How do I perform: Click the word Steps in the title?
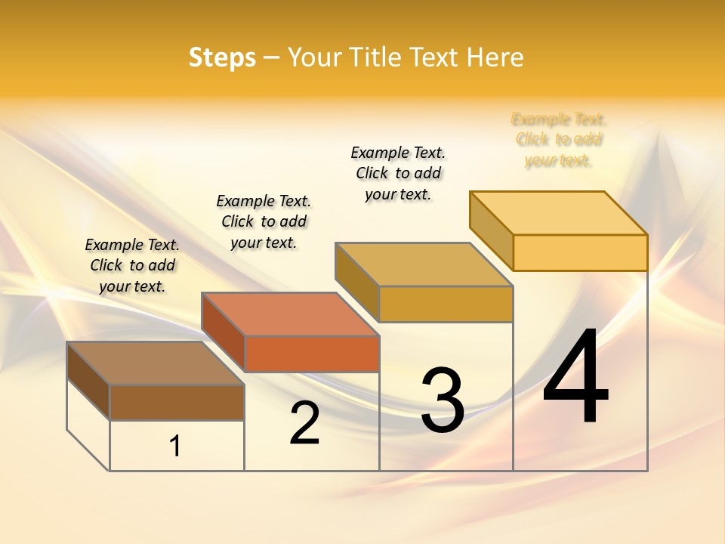(x=222, y=57)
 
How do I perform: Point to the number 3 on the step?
(x=443, y=400)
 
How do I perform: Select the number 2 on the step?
(x=305, y=423)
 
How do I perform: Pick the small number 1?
(x=175, y=447)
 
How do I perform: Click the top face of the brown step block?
(x=154, y=363)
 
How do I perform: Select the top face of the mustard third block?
(x=424, y=264)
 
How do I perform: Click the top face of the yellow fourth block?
(x=558, y=213)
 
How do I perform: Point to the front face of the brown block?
(x=177, y=402)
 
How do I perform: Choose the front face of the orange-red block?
(x=312, y=354)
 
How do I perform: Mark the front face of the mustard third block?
(x=446, y=304)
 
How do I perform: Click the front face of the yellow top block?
(x=580, y=252)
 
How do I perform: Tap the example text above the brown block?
(x=132, y=265)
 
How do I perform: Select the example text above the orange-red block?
(x=264, y=221)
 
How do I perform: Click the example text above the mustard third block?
(x=398, y=173)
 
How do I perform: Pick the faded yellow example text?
(x=559, y=140)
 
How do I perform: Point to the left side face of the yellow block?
(x=491, y=230)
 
